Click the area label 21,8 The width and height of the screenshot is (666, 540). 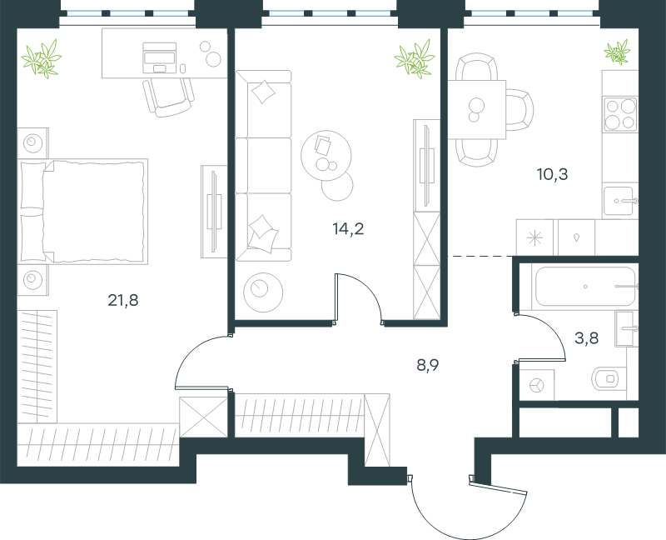click(x=122, y=301)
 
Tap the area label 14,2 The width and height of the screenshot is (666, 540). click(x=348, y=229)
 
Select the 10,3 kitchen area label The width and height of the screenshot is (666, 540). click(x=552, y=174)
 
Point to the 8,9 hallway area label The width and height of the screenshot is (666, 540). click(x=428, y=365)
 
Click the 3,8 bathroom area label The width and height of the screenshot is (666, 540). click(x=587, y=338)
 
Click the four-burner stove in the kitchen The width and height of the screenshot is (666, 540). click(x=620, y=114)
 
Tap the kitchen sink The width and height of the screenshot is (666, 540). click(x=619, y=201)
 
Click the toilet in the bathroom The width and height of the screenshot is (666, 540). click(x=609, y=378)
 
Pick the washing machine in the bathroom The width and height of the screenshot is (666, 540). click(x=537, y=385)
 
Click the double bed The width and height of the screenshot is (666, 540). click(x=82, y=212)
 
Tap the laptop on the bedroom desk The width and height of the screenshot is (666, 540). click(x=160, y=57)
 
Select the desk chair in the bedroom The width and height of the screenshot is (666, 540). click(x=169, y=97)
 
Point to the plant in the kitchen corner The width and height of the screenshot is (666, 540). click(x=618, y=52)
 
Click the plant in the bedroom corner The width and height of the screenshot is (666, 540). click(x=42, y=58)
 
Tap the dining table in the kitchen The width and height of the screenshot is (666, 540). click(x=477, y=109)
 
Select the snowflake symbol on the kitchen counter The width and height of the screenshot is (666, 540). click(x=534, y=237)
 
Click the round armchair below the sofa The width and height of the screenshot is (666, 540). click(x=263, y=292)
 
